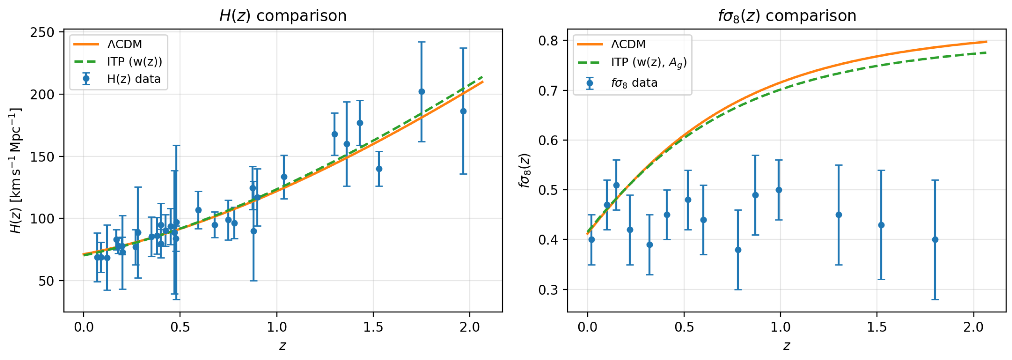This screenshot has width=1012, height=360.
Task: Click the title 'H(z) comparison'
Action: (283, 16)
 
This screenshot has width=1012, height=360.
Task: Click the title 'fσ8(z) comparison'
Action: (787, 16)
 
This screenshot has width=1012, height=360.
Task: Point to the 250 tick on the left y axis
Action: (42, 32)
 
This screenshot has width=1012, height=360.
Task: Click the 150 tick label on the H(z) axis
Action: (42, 157)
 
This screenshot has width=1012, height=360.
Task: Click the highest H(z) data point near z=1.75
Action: (422, 92)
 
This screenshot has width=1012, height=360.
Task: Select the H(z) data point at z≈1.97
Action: (463, 111)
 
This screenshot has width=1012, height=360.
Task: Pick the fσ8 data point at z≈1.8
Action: (935, 240)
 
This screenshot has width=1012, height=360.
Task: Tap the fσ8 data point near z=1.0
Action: (779, 190)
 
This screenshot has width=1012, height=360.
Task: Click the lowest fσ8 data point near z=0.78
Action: (738, 250)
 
